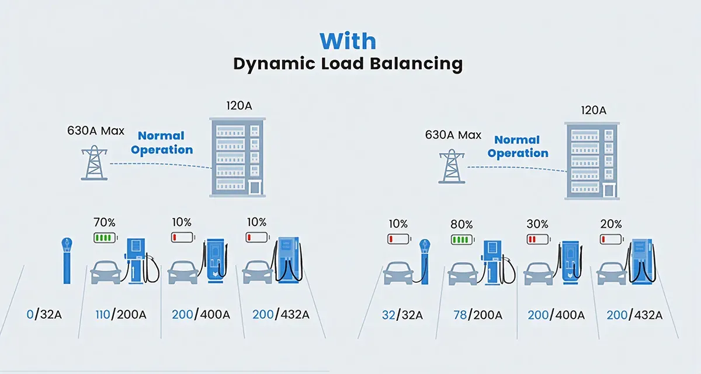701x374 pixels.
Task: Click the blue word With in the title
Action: click(x=348, y=42)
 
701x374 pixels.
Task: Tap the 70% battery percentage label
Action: click(x=104, y=223)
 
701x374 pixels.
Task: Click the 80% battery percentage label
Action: click(x=461, y=224)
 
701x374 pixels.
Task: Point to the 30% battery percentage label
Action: click(x=537, y=224)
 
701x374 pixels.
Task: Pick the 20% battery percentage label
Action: click(x=612, y=224)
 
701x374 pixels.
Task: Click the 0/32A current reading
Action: click(x=45, y=315)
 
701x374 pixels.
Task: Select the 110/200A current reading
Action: click(x=120, y=315)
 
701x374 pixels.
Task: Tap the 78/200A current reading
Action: click(x=478, y=316)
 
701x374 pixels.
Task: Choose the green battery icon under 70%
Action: click(x=105, y=238)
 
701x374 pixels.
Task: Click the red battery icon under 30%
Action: click(x=537, y=239)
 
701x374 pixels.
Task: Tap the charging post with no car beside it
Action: click(x=68, y=261)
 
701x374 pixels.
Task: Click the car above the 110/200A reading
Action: click(x=106, y=272)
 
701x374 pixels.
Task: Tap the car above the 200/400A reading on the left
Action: click(x=183, y=272)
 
